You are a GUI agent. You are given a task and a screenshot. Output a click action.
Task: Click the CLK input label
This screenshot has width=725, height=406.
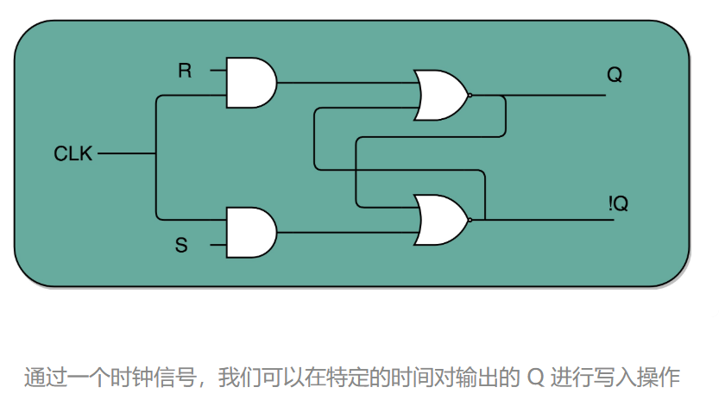coord(74,154)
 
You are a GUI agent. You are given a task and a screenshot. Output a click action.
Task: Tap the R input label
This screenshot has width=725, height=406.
coord(185,71)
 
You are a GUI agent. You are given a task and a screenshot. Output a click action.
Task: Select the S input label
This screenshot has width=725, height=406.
coord(181,246)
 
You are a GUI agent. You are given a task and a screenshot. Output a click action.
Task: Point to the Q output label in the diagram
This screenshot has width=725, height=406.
coord(615,75)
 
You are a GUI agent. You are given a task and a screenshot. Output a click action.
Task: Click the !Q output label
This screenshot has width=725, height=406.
coord(617,204)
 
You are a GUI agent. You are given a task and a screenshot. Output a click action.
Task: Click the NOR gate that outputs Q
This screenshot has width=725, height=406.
coord(440,95)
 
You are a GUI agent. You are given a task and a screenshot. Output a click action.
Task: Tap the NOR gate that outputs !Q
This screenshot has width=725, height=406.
coord(440,219)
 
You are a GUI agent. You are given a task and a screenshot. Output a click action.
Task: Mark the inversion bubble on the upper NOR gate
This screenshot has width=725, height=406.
coord(470,95)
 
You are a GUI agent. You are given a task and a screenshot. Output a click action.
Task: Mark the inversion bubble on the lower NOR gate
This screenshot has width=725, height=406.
coord(470,219)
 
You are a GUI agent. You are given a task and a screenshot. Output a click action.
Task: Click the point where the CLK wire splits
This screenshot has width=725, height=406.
coord(156,154)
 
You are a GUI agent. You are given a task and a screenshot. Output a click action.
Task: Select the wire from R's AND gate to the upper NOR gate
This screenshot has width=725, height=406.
coord(345,84)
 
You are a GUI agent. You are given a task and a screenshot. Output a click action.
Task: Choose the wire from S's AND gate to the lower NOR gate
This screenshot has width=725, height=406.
coord(345,232)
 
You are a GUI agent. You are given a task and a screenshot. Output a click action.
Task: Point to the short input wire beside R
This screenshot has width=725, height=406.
coord(217,71)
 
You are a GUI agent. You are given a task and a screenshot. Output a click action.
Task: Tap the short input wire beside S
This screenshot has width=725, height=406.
coord(217,246)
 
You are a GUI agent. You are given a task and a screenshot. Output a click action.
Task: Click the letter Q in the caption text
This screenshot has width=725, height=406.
coord(535,377)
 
